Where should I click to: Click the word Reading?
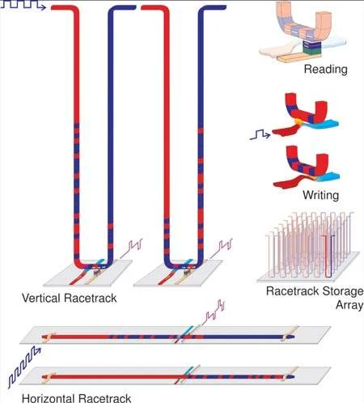pyautogui.click(x=325, y=69)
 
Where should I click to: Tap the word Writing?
pyautogui.click(x=320, y=195)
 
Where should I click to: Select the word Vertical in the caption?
pyautogui.click(x=40, y=298)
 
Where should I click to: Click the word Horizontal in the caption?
pyautogui.click(x=49, y=398)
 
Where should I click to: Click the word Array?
pyautogui.click(x=349, y=305)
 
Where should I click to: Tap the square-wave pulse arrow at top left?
pyautogui.click(x=23, y=5)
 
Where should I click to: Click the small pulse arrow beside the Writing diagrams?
pyautogui.click(x=260, y=134)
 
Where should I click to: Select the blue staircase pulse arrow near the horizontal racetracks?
pyautogui.click(x=23, y=367)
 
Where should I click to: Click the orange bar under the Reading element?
pyautogui.click(x=300, y=58)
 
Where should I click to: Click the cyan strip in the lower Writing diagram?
pyautogui.click(x=328, y=176)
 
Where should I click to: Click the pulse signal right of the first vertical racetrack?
pyautogui.click(x=131, y=248)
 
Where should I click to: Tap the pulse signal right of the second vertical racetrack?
pyautogui.click(x=221, y=248)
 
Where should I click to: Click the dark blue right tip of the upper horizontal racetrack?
pyautogui.click(x=292, y=337)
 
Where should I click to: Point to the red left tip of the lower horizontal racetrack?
pyautogui.click(x=44, y=377)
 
